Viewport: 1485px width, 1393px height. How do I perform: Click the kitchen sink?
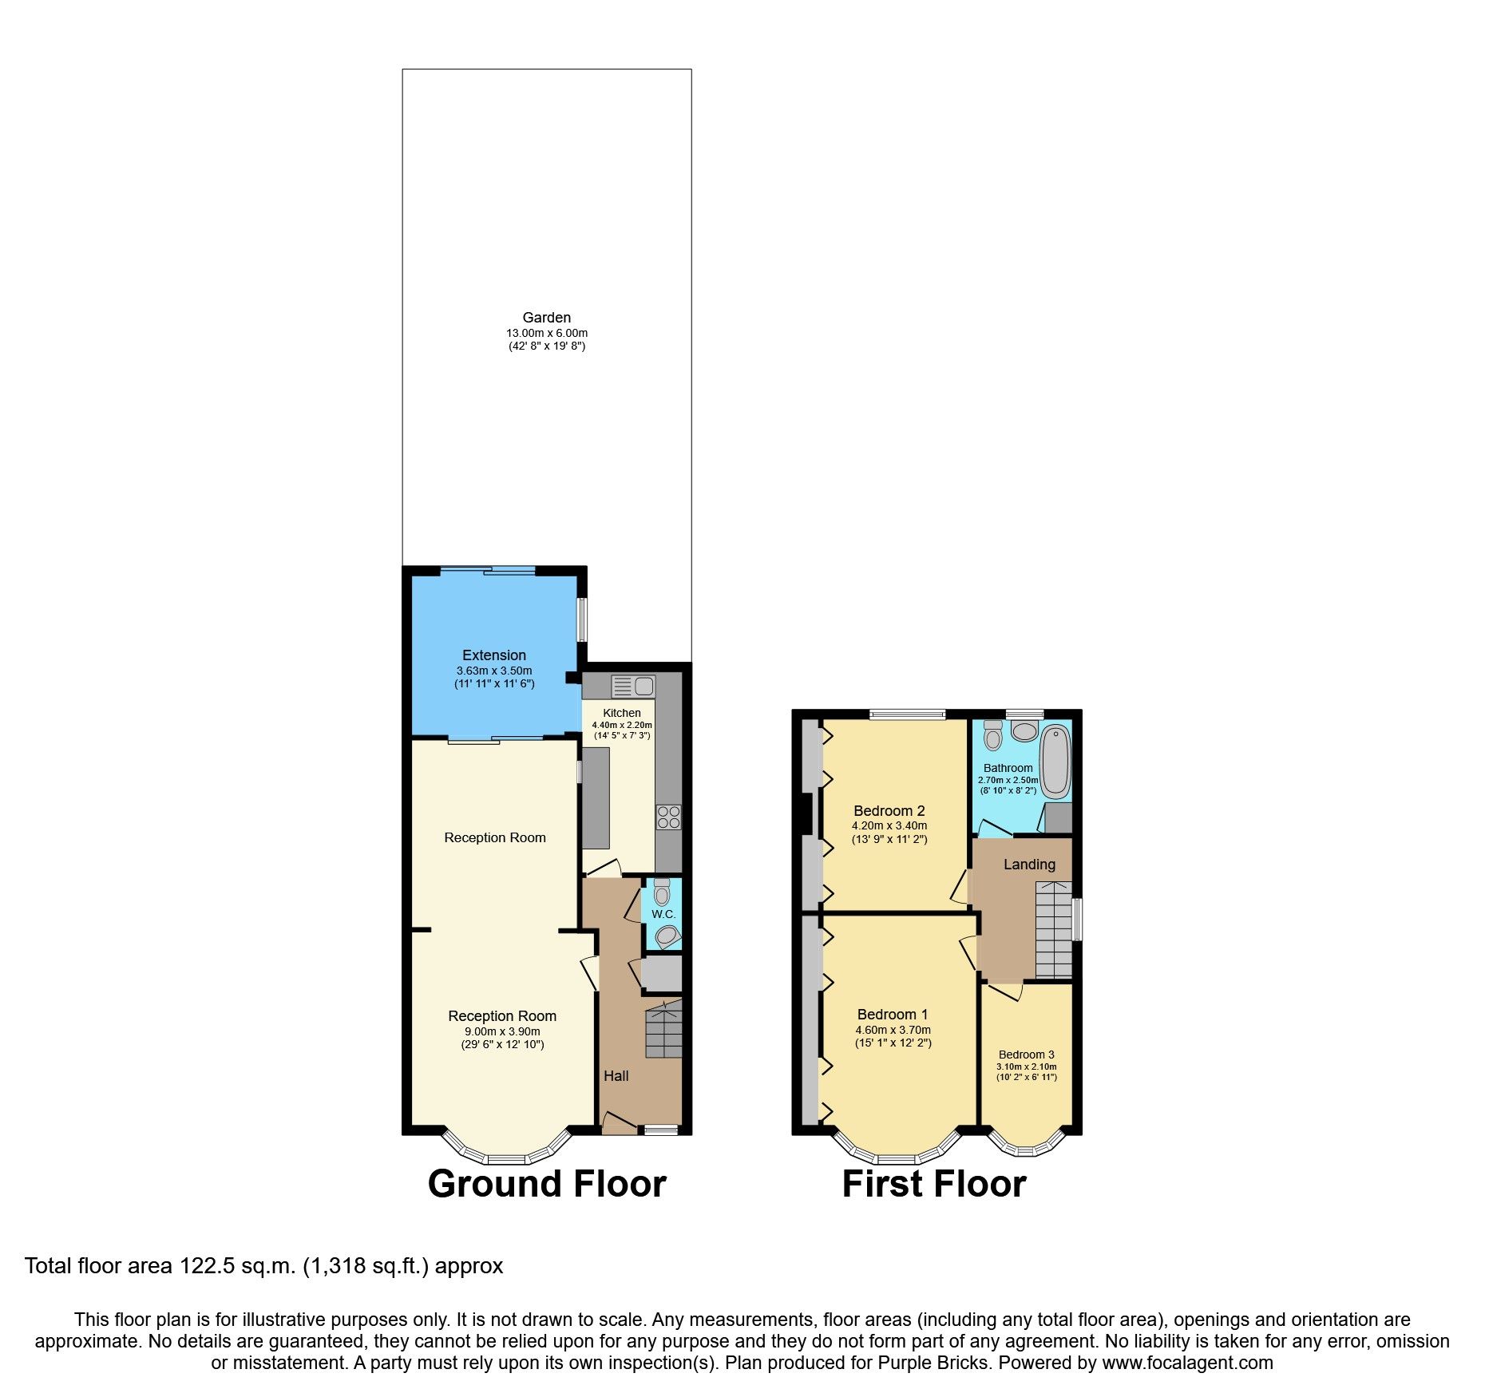point(634,686)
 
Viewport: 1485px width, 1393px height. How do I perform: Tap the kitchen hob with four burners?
point(668,817)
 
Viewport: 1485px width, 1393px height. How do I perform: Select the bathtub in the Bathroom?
point(1055,762)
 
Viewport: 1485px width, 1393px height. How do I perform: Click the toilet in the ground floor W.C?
point(662,892)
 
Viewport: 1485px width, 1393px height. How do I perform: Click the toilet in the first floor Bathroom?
point(992,735)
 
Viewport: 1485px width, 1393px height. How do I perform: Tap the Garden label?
point(547,318)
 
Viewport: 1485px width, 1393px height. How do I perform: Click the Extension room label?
point(494,655)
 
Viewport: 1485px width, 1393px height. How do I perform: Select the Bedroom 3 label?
point(1027,1055)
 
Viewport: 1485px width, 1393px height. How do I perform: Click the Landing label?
point(1029,865)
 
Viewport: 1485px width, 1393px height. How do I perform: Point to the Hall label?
point(616,1076)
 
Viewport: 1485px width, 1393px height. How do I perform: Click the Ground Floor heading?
point(547,1184)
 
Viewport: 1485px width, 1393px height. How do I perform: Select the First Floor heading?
point(934,1184)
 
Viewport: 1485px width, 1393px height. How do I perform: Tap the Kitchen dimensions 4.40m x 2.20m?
point(622,725)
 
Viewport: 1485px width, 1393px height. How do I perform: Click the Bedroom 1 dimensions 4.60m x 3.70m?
point(893,1030)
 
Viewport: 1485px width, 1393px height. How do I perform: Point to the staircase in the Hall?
point(663,1031)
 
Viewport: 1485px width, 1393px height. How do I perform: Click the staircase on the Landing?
point(1054,930)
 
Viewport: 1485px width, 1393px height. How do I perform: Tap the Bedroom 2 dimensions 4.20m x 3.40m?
point(889,826)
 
